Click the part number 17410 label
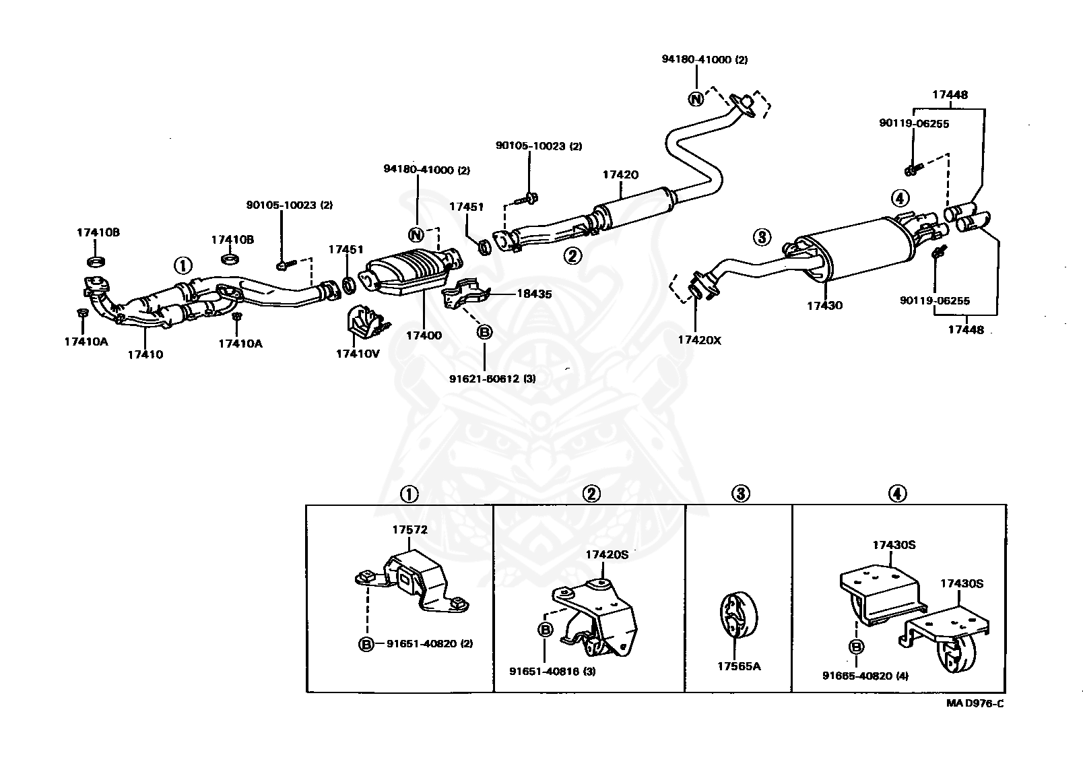click(x=145, y=354)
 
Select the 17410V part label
click(x=358, y=354)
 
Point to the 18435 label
click(x=534, y=294)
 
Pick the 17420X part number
click(x=699, y=340)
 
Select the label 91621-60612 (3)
click(x=492, y=379)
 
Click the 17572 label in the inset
click(x=410, y=529)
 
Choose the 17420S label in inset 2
click(x=607, y=554)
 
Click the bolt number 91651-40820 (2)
click(x=430, y=643)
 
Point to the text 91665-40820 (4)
click(x=865, y=676)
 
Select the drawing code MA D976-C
click(x=975, y=703)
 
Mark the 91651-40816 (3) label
click(x=553, y=672)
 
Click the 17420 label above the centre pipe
click(x=620, y=174)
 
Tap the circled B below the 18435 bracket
click(x=484, y=331)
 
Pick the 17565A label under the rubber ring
click(x=739, y=666)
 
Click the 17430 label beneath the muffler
click(x=825, y=305)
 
